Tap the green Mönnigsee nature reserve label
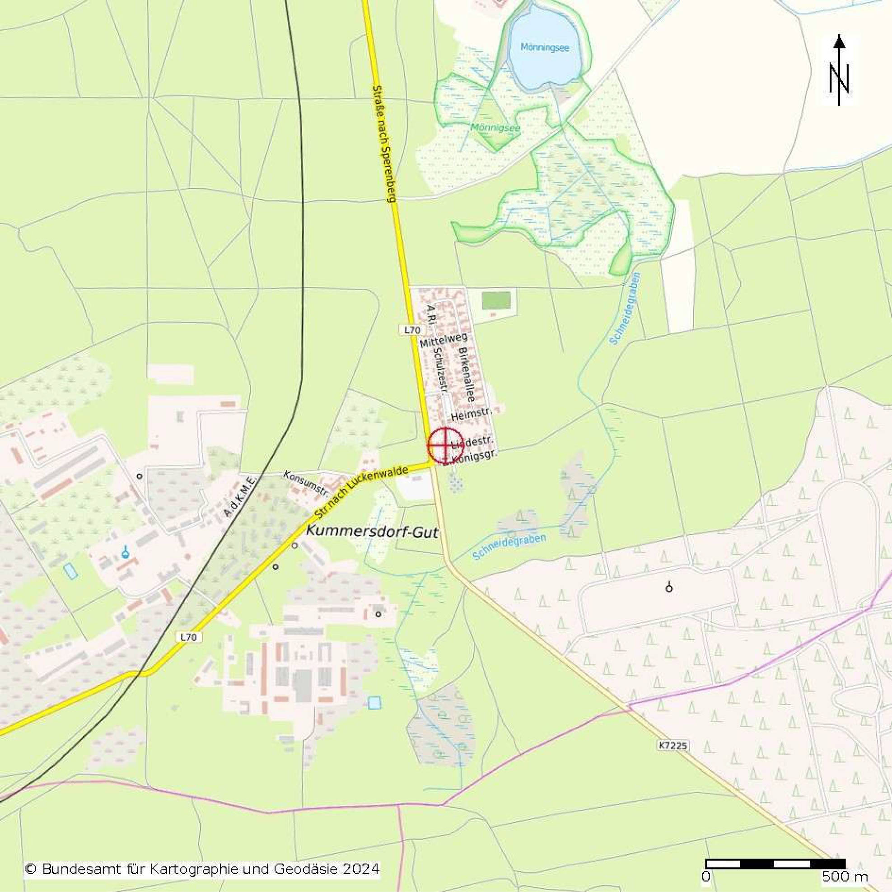(x=495, y=128)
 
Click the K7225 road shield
(x=673, y=745)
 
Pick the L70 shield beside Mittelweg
(x=410, y=330)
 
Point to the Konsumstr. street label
(x=306, y=485)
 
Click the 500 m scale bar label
(x=845, y=877)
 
